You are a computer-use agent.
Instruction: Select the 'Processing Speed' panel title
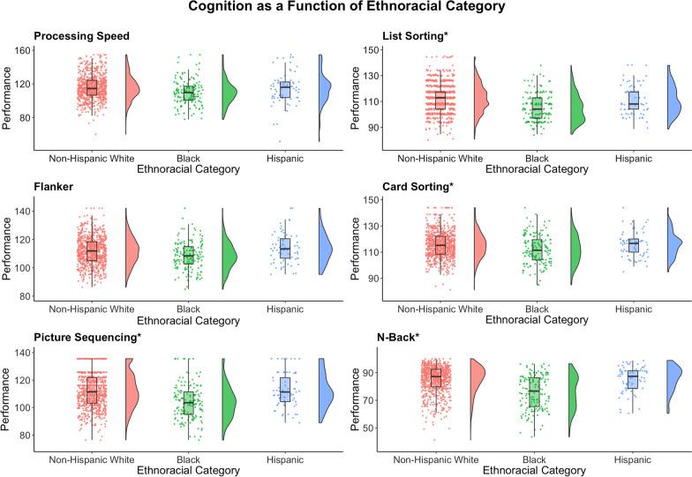pyautogui.click(x=80, y=37)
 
